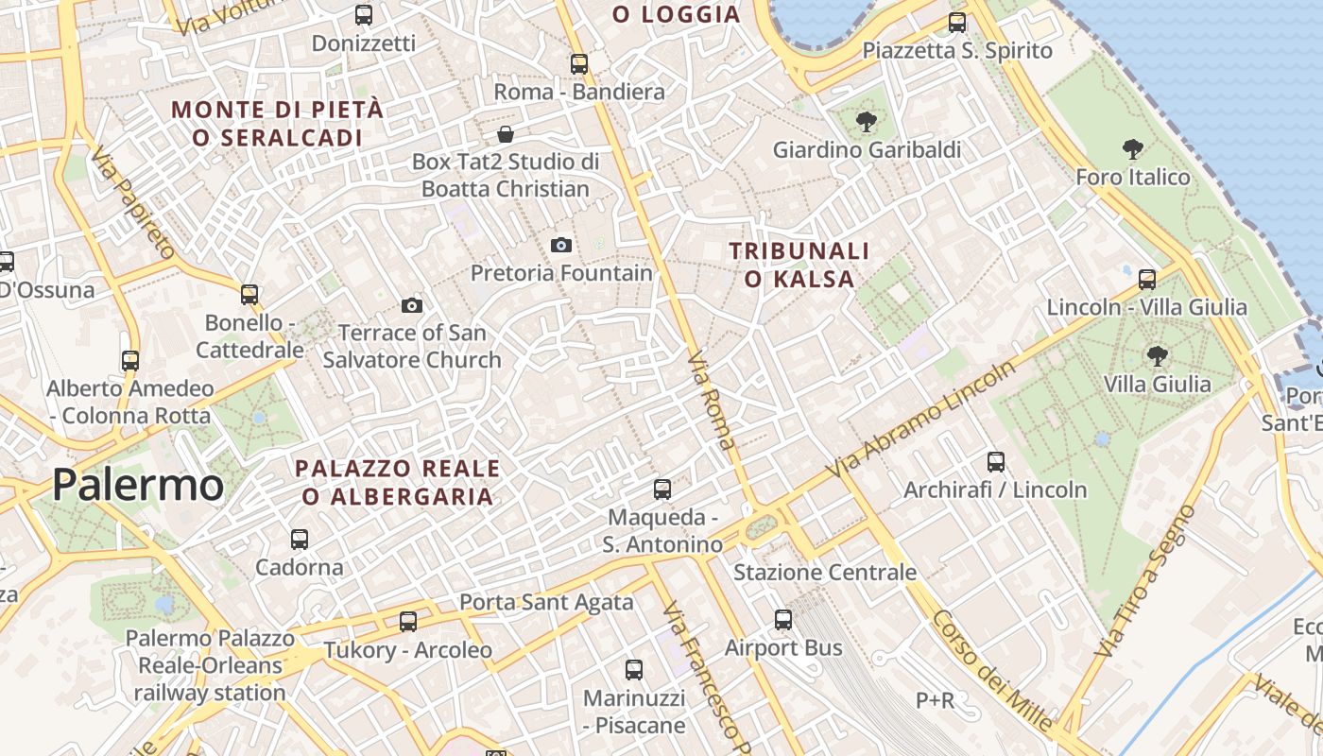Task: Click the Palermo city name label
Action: tap(138, 485)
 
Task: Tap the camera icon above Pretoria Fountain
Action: tap(561, 246)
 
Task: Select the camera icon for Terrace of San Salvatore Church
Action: tap(412, 305)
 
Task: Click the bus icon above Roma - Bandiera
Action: tap(579, 64)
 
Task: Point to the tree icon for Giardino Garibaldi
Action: tap(866, 121)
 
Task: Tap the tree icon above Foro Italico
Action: tap(1133, 148)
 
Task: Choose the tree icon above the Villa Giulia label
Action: tap(1157, 356)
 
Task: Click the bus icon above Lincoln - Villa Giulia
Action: tap(1147, 279)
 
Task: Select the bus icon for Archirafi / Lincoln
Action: tap(996, 461)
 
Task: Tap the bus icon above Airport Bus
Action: tap(783, 620)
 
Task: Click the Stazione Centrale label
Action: tap(825, 572)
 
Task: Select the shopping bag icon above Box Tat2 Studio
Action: tap(506, 134)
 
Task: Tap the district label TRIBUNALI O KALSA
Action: tap(799, 265)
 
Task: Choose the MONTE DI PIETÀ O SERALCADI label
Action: tap(278, 123)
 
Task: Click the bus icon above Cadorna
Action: tap(300, 539)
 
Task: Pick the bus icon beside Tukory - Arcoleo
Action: tap(408, 622)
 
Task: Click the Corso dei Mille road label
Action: tap(991, 670)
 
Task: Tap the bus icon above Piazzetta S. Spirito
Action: tap(957, 23)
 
